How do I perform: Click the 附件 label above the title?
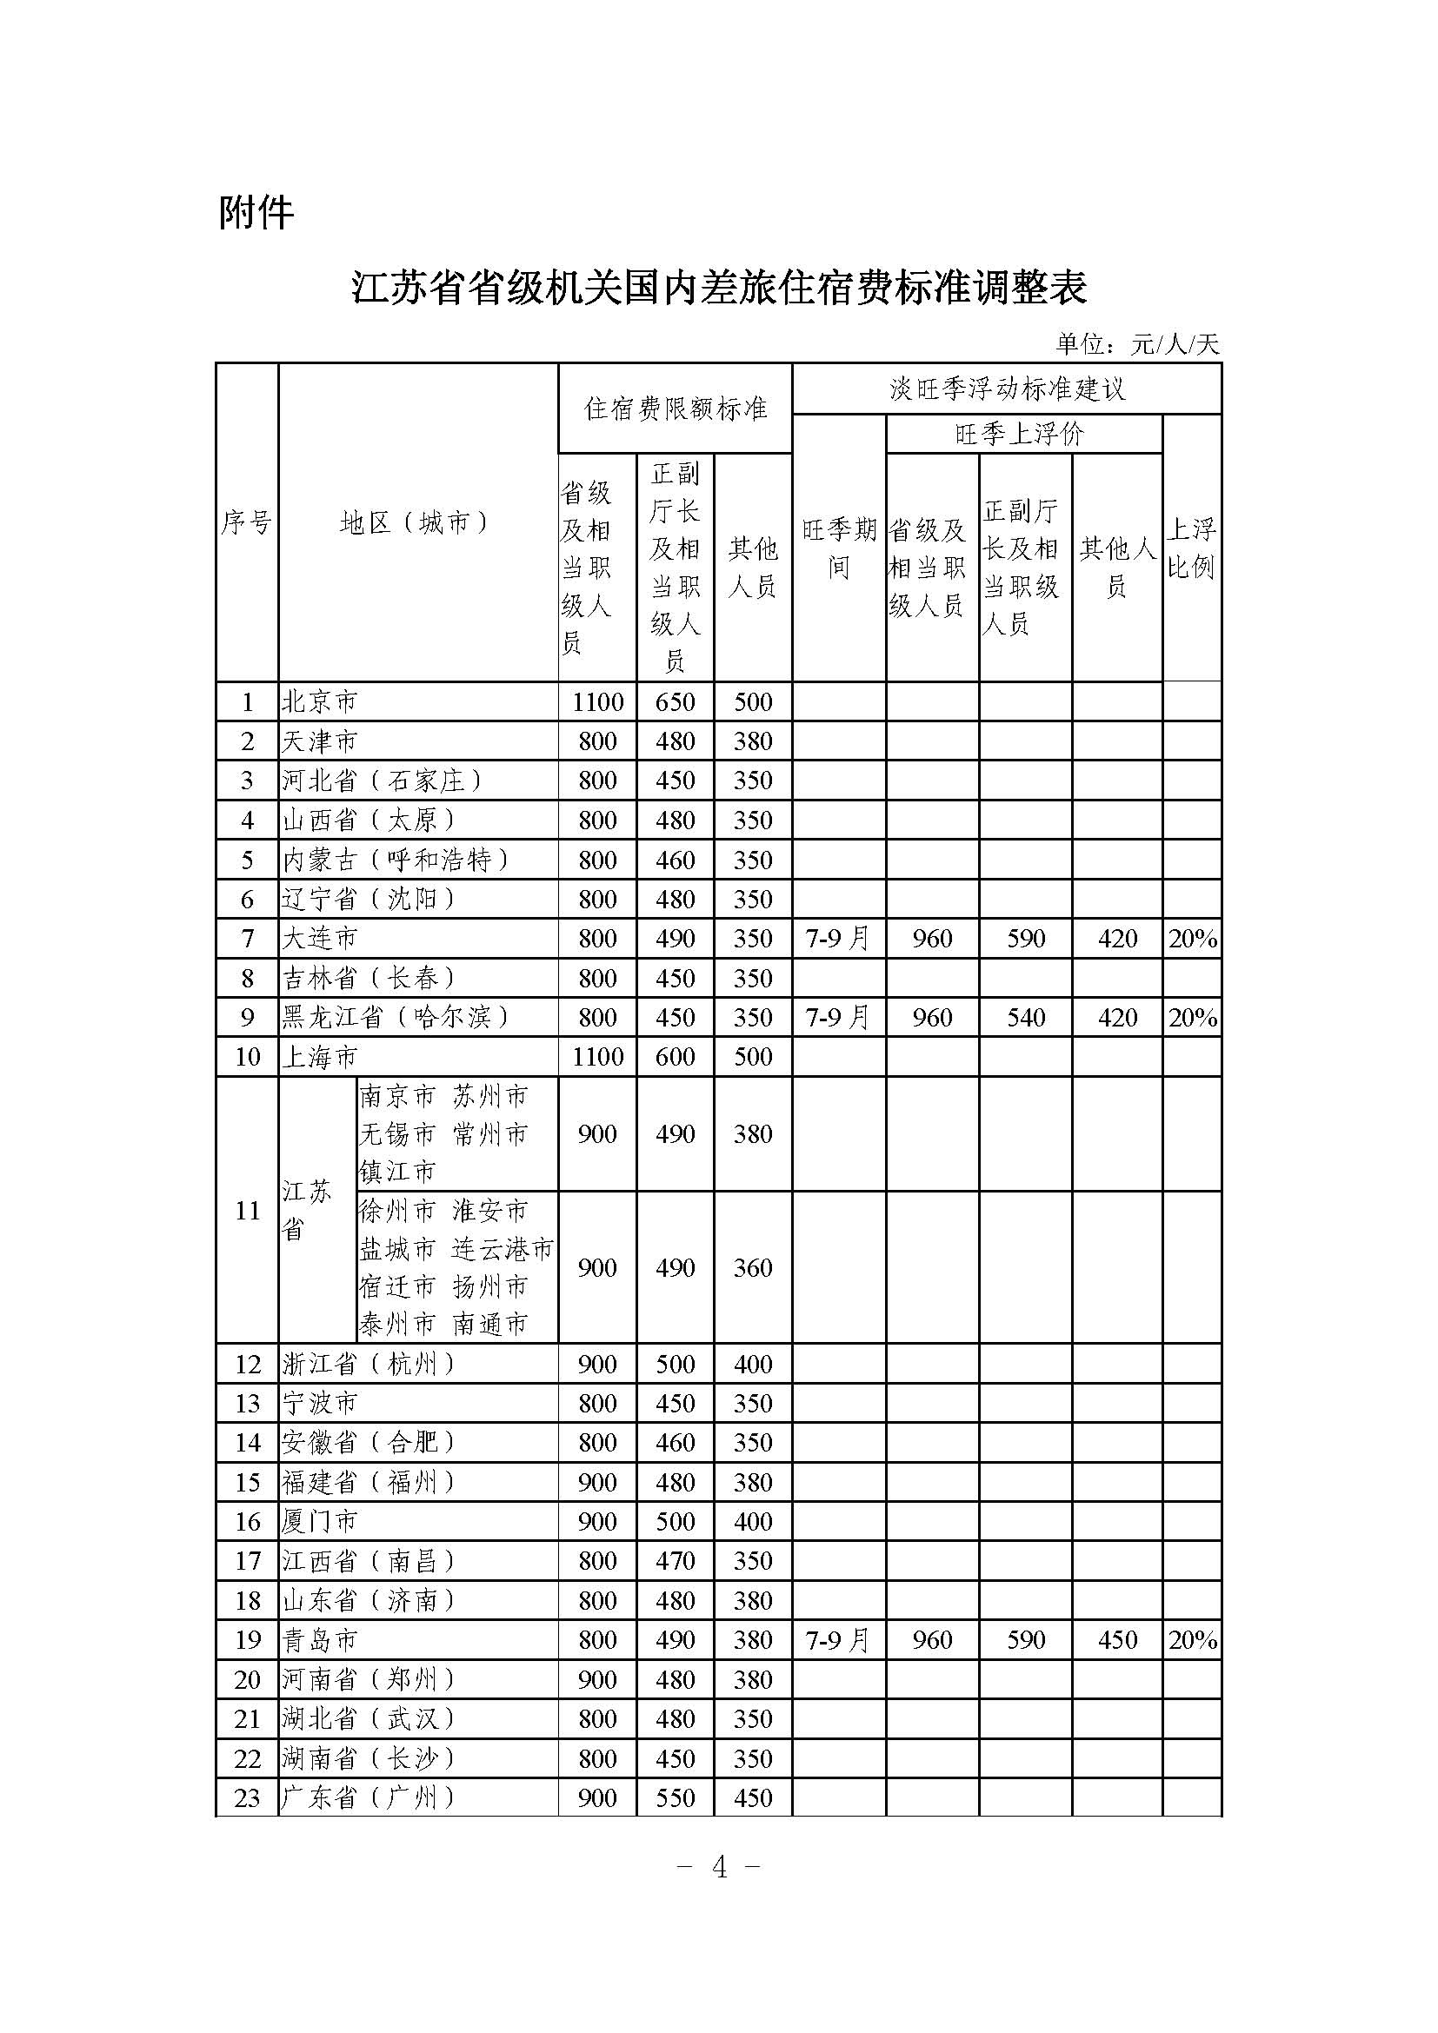(x=256, y=214)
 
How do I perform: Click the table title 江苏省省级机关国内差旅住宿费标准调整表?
(x=719, y=288)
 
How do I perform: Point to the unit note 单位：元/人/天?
(x=1137, y=344)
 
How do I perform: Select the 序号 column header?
(x=246, y=523)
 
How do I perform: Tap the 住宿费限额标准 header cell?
(x=675, y=409)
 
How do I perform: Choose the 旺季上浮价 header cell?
(x=1020, y=434)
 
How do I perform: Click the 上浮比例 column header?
(x=1191, y=548)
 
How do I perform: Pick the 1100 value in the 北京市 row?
(x=597, y=702)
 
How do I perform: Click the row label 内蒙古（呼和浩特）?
(x=396, y=860)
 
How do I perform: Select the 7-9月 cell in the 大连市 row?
(x=837, y=939)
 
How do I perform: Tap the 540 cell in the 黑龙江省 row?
(x=1025, y=1018)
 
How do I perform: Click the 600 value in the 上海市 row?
(x=675, y=1056)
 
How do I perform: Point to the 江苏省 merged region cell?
(x=306, y=1210)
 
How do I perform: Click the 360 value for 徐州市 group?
(x=753, y=1268)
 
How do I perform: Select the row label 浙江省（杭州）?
(x=369, y=1365)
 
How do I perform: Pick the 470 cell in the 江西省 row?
(x=675, y=1561)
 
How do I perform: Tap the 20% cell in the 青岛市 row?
(x=1192, y=1640)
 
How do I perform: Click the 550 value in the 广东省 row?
(x=675, y=1797)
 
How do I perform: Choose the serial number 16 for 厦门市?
(x=247, y=1522)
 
